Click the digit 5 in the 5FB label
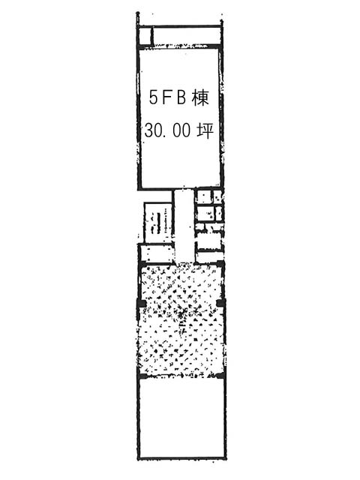[153, 97]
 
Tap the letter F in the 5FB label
[167, 97]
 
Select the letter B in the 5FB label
[181, 97]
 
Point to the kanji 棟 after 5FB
[200, 97]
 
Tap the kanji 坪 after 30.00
[204, 130]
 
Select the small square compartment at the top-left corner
[144, 36]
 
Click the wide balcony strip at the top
[186, 36]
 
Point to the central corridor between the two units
[184, 226]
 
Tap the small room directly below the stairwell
[157, 253]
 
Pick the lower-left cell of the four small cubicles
[205, 213]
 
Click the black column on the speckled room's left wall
[142, 303]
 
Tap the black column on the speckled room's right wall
[220, 303]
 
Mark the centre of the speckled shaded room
[181, 321]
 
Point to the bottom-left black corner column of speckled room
[142, 376]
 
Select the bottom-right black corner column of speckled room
[220, 376]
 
